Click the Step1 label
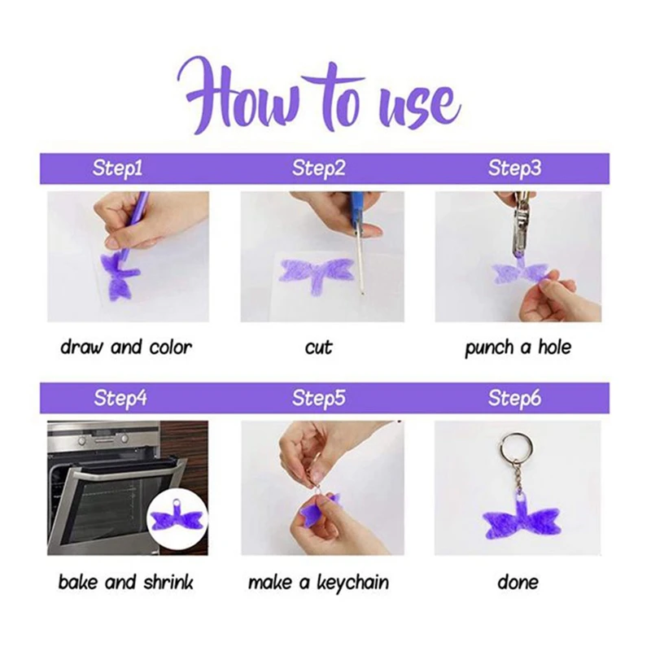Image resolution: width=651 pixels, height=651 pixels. (x=117, y=168)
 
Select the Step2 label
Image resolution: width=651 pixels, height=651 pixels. (x=319, y=168)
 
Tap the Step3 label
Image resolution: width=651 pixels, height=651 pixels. (x=515, y=168)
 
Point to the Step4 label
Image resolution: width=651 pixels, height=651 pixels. (x=120, y=398)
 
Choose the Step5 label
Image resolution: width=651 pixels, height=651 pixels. (x=319, y=398)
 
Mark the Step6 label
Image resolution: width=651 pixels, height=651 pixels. (x=515, y=398)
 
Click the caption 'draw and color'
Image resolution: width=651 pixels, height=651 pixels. (x=126, y=347)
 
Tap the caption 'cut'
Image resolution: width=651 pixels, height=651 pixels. (x=319, y=348)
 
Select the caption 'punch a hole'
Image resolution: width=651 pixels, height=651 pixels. (x=518, y=348)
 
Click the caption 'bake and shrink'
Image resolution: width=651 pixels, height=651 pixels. (x=126, y=582)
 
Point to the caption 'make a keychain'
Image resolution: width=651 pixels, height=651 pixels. (x=319, y=582)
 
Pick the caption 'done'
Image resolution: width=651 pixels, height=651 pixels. (x=518, y=582)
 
